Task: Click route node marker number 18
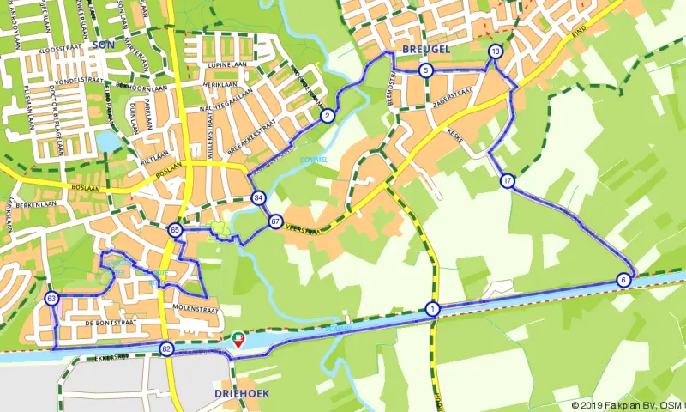click(x=495, y=52)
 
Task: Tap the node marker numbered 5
click(x=425, y=70)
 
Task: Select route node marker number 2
click(x=327, y=116)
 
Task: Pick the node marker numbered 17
click(x=508, y=181)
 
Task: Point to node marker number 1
click(x=431, y=309)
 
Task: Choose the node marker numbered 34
click(x=258, y=198)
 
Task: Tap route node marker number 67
click(x=275, y=221)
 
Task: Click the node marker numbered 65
click(x=175, y=230)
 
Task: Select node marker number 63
click(x=51, y=298)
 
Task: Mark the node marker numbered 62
click(x=166, y=349)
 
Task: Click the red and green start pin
click(x=238, y=339)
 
